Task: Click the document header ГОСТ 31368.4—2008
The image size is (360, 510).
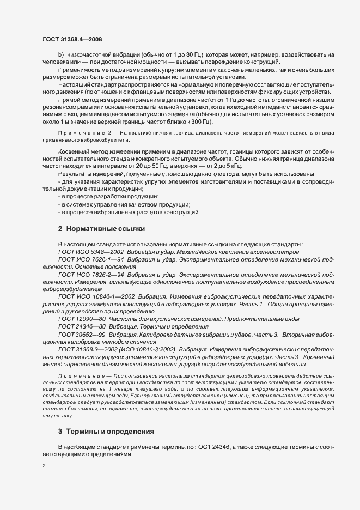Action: [x=72, y=39]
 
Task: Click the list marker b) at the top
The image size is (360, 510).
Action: [x=61, y=55]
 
